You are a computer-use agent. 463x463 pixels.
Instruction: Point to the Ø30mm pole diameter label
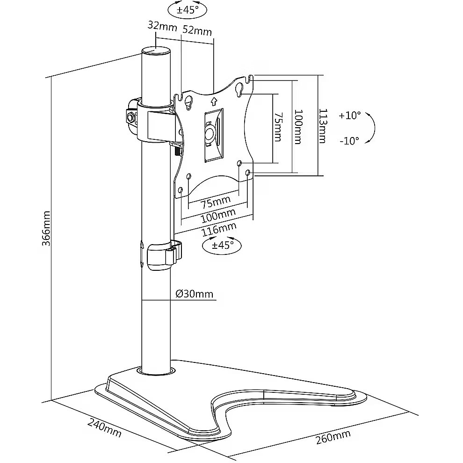pos(195,294)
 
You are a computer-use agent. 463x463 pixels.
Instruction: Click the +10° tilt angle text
pos(350,115)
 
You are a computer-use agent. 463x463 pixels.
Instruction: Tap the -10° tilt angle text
pos(350,140)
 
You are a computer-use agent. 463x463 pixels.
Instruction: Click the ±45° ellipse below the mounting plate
pos(221,245)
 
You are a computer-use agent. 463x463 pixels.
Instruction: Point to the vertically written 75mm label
pos(277,126)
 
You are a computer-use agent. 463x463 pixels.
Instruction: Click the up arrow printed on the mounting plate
pos(214,100)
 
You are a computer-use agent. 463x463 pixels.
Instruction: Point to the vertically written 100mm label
pos(298,126)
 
